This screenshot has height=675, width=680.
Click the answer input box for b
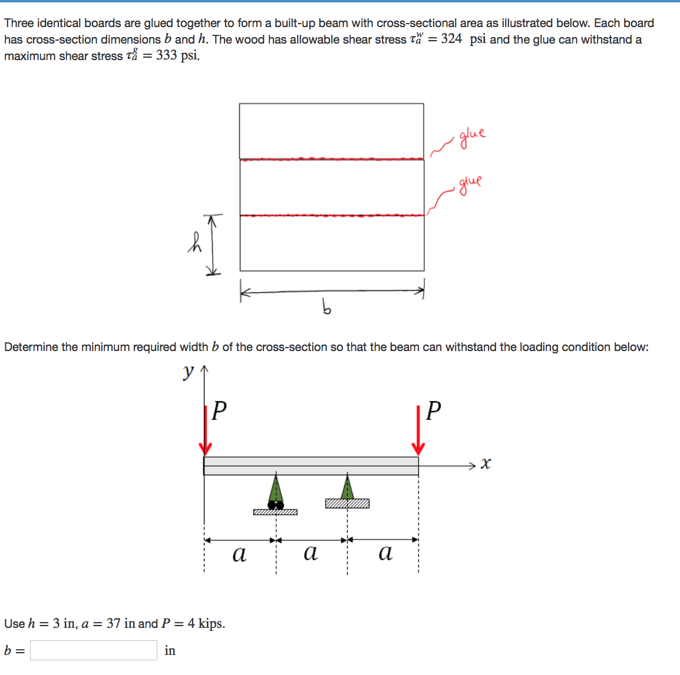[x=94, y=650]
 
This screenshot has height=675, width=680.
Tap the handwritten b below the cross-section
[x=326, y=306]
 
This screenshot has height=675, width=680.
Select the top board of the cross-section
[x=331, y=131]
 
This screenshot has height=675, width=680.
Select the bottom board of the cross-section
[x=332, y=243]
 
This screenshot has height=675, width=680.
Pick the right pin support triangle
[x=348, y=488]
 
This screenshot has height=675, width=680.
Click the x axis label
[x=485, y=464]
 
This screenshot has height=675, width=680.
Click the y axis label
[x=188, y=372]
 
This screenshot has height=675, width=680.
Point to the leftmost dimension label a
[x=239, y=554]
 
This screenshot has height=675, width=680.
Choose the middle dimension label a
[x=310, y=552]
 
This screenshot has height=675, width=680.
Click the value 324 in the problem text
[x=451, y=39]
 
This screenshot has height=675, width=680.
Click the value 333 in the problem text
[x=167, y=55]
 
